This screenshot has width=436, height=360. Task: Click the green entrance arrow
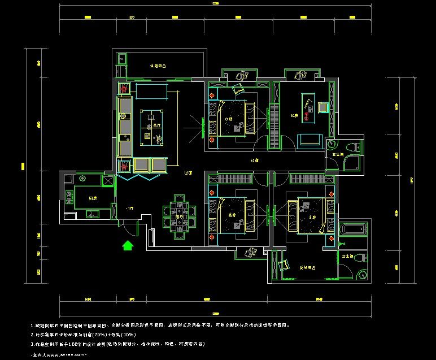click(x=128, y=245)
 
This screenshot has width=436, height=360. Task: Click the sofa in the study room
click(x=309, y=140)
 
